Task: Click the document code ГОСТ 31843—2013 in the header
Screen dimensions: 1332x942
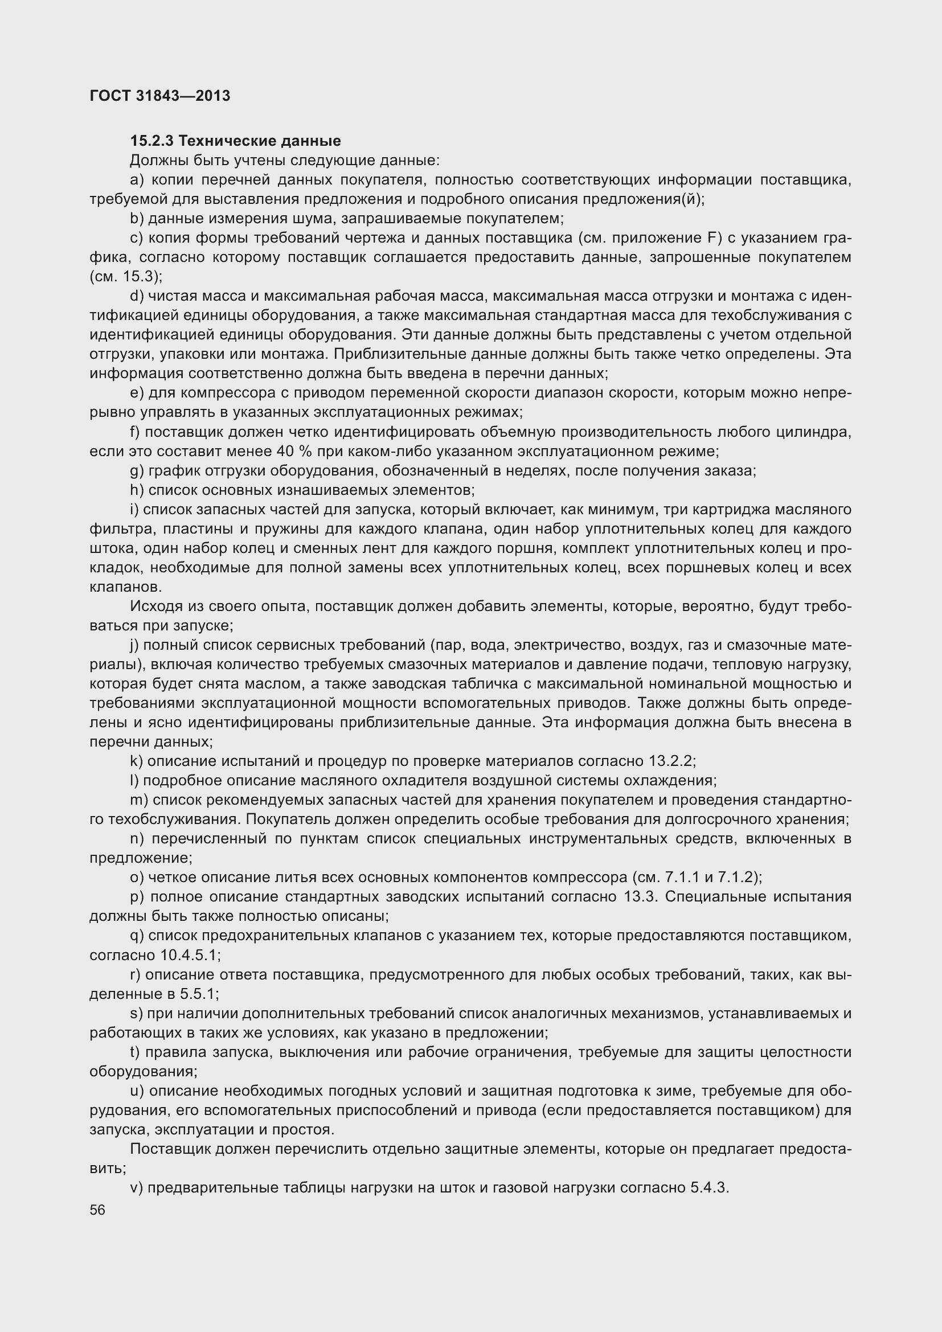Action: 160,96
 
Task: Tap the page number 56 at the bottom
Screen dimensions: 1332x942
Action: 97,1210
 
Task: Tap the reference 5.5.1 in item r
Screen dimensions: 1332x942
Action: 198,994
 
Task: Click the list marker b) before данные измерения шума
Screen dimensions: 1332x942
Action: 137,219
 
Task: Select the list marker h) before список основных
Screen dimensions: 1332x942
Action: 137,490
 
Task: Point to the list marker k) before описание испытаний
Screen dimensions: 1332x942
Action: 137,761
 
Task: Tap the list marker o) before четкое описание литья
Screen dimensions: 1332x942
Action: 137,877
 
